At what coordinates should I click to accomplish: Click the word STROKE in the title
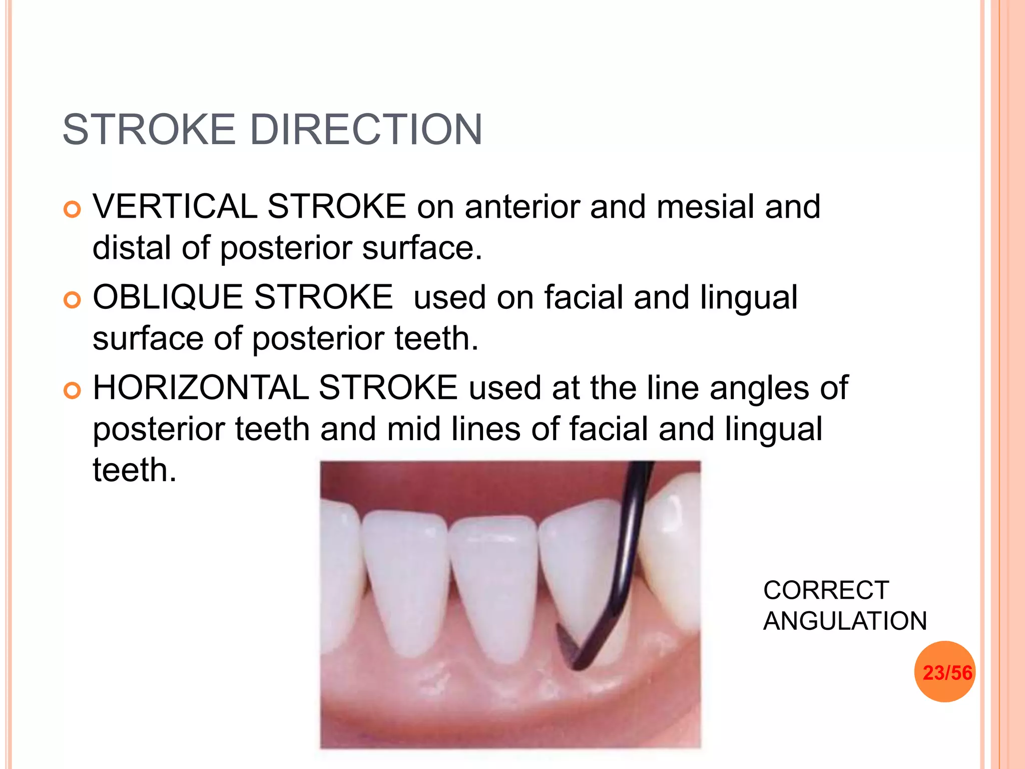[x=149, y=130]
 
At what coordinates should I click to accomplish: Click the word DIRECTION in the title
[x=366, y=130]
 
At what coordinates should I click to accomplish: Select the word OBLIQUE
[x=168, y=297]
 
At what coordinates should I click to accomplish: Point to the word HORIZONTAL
[x=200, y=388]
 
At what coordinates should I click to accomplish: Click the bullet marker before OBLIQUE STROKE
[x=73, y=300]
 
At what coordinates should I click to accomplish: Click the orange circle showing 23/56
[x=945, y=672]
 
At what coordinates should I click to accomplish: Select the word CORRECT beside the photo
[x=826, y=590]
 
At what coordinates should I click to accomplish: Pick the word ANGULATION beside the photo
[x=845, y=621]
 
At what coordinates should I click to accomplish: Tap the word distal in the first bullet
[x=132, y=247]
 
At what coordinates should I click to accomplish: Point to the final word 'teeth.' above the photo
[x=135, y=470]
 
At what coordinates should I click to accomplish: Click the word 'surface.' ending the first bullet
[x=422, y=247]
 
